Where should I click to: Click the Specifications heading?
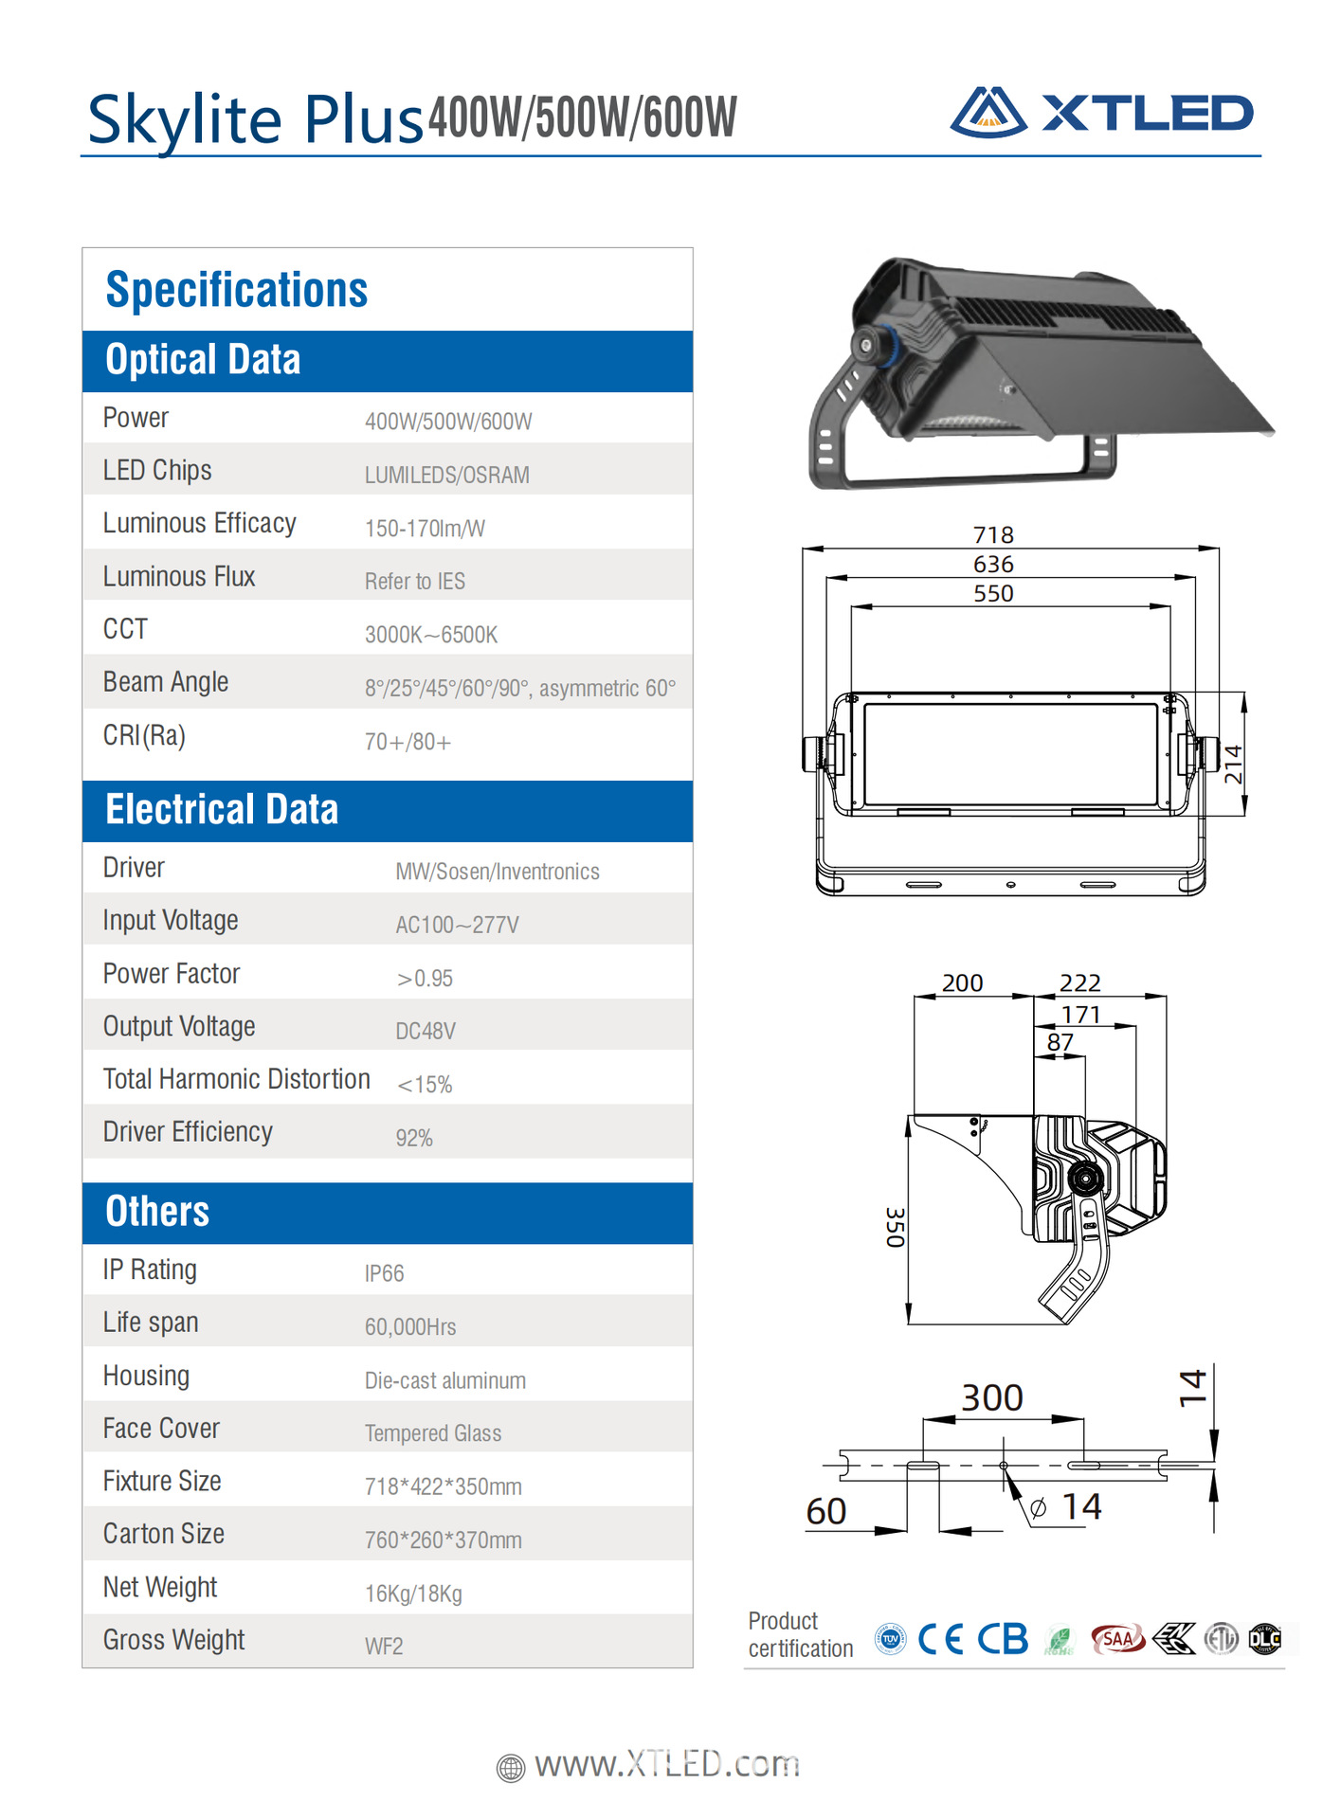coord(236,290)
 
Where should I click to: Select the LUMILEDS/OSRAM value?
coord(446,475)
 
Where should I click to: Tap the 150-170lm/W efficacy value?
coord(425,529)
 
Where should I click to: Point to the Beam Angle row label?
coord(166,682)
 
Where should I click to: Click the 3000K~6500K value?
coord(431,635)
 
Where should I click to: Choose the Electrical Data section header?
coord(222,811)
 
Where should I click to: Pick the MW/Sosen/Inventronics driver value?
coord(498,872)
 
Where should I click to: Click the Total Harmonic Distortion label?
coord(236,1079)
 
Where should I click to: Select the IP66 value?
coord(384,1273)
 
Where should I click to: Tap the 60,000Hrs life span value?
coord(410,1326)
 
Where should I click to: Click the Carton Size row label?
coord(164,1534)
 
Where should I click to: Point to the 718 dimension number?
coord(993,535)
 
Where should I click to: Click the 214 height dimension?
coord(1233,764)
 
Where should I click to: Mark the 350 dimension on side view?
coord(895,1227)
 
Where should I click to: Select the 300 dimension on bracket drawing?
coord(992,1398)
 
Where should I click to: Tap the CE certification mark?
coord(939,1639)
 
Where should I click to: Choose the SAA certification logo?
coord(1117,1638)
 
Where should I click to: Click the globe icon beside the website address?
coord(511,1768)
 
